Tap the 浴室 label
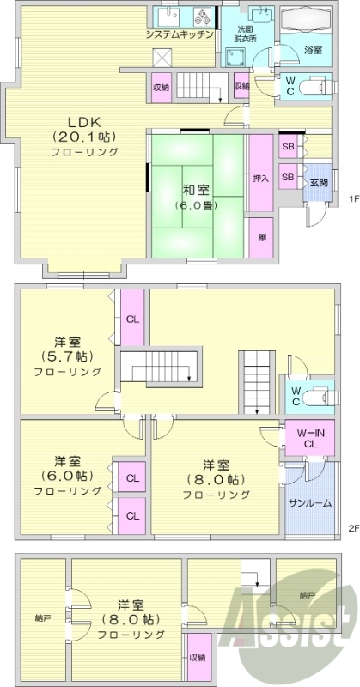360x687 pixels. pos(314,51)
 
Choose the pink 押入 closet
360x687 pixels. pos(260,179)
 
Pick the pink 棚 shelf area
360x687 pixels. pos(260,236)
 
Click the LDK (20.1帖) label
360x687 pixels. pos(70,136)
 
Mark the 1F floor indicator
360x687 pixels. pos(353,199)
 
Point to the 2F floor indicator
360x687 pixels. pos(352,526)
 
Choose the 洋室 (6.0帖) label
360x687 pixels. pos(68,476)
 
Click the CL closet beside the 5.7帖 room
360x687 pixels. pos(132,319)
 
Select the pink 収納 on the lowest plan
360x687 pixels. pos(198,658)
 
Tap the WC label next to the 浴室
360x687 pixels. pos(290,87)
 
